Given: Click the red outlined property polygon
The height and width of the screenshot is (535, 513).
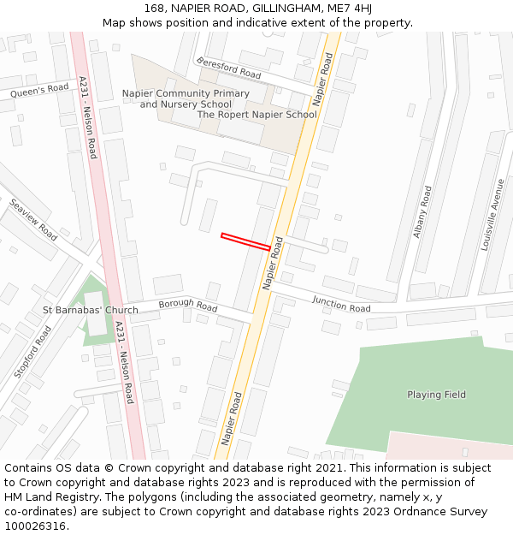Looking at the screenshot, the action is coord(245,241).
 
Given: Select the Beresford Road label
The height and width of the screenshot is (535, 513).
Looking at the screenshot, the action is coord(228,68).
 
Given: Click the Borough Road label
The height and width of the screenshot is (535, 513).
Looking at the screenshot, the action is coord(188,305).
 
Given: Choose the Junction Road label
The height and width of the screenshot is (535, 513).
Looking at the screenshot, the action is coord(341,303).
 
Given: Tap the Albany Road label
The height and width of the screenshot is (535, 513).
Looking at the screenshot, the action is coord(422,211).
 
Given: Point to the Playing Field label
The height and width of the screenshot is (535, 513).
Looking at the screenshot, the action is coord(436,395).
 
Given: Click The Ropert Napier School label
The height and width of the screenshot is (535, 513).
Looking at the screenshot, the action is coord(256,115).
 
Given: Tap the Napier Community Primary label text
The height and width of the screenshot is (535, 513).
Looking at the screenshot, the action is coord(186,93).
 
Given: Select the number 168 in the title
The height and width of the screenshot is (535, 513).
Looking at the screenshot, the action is coord(154,9).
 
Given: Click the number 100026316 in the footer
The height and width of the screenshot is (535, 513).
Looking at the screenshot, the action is coord(35,526).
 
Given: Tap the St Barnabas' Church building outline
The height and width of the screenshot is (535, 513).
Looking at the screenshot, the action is coord(96,314).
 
